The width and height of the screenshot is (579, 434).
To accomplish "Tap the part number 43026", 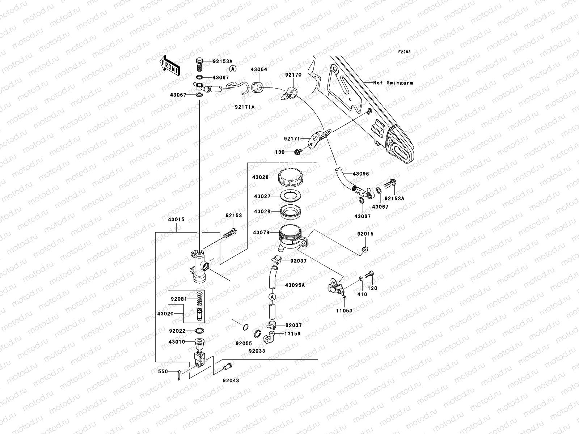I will [x=261, y=177].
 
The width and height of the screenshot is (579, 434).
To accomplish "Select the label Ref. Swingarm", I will [x=393, y=83].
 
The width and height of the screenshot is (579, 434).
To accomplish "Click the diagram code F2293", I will [x=405, y=52].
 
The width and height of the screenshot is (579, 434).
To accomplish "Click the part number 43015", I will [x=176, y=220].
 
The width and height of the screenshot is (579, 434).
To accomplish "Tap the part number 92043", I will [x=231, y=380].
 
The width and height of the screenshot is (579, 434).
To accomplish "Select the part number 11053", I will [x=344, y=310].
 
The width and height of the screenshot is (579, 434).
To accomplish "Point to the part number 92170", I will [x=293, y=75].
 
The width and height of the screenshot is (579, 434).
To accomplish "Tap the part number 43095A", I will [x=295, y=285].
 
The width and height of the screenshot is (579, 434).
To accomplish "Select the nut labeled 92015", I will [x=365, y=249].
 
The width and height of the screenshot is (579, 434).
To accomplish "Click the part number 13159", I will [x=292, y=334].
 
